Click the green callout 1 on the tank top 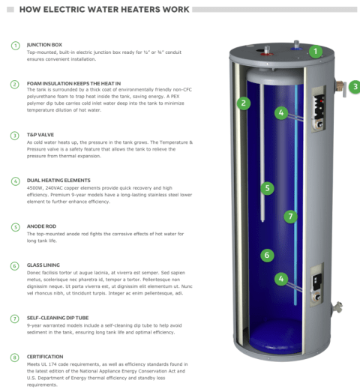pos(316,51)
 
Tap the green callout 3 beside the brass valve pos(355,87)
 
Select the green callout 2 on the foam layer pos(244,103)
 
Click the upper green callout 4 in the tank pos(281,112)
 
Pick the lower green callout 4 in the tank pos(281,279)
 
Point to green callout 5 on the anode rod pos(267,188)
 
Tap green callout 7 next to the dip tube pos(290,217)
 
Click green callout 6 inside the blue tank pos(267,256)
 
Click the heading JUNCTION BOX pos(44,45)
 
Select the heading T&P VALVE pos(40,135)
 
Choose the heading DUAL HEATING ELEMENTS pos(58,180)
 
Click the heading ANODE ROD pos(41,226)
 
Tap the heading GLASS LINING pos(43,265)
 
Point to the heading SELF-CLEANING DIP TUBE pos(58,318)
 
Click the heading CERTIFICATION pos(45,357)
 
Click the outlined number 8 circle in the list pos(14,358)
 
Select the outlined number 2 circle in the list pos(14,85)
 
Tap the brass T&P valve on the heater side pos(340,88)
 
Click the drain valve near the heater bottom pos(337,307)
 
